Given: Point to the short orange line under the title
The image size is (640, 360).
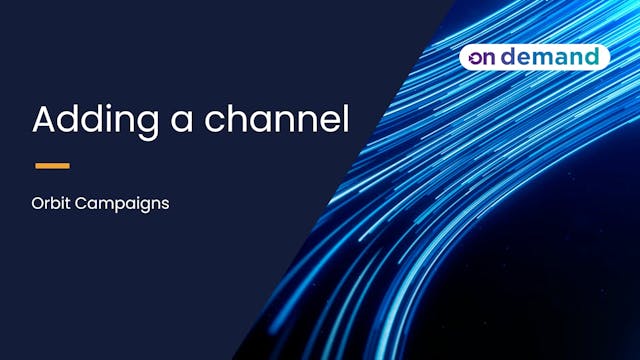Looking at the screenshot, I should point(52,165).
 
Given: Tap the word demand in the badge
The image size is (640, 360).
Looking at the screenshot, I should point(554,57).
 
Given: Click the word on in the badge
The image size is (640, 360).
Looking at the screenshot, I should point(485,57).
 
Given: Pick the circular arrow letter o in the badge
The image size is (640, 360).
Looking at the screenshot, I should point(476,58).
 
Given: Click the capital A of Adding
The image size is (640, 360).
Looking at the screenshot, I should point(44,119).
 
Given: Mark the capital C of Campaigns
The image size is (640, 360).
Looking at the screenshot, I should point(83,202).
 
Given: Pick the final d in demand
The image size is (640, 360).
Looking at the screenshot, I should point(590,56).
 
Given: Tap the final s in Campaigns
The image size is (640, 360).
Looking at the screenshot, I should point(164,203).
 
